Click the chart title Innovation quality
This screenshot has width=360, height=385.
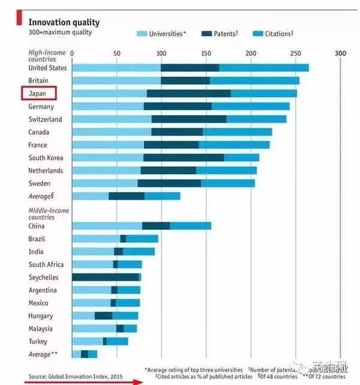coord(64,22)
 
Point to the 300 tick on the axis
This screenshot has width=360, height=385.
coord(340,53)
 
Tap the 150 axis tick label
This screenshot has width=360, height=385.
coord(206,53)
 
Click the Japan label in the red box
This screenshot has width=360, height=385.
coord(38,94)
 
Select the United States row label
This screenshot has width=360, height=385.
coord(47,68)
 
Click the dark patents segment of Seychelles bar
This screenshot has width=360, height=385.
coord(106,277)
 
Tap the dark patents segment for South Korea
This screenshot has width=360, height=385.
coord(184,158)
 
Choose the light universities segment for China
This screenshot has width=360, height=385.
coord(107,226)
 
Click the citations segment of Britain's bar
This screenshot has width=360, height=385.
coord(254,80)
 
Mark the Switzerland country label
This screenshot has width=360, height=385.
coord(46,119)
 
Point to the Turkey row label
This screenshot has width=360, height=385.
coord(39,341)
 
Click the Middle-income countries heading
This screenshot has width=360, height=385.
coord(49,213)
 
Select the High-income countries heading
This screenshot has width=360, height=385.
coord(47,56)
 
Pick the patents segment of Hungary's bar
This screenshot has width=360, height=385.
coord(103,315)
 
